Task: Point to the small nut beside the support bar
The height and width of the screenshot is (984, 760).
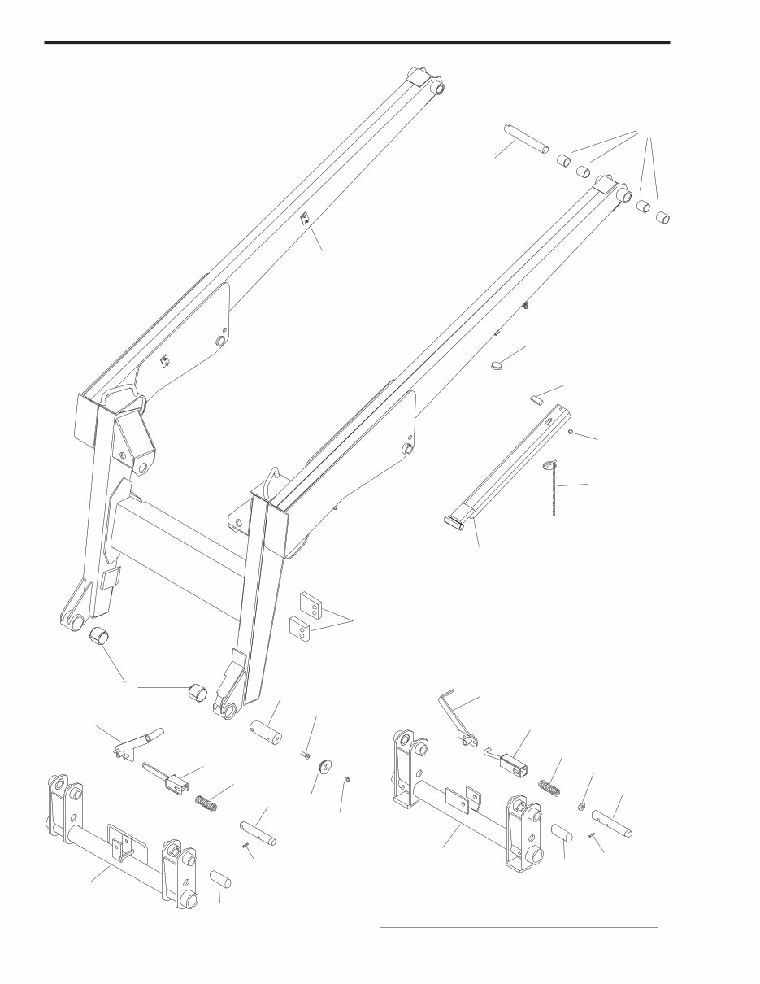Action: [571, 432]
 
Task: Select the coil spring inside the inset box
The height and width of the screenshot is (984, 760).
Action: [551, 788]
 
